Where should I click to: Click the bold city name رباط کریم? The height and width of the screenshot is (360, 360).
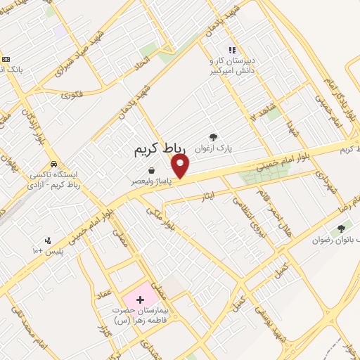tap(159, 150)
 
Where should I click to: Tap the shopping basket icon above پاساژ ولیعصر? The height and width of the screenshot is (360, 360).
tap(151, 170)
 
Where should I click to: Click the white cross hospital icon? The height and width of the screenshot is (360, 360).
tap(139, 300)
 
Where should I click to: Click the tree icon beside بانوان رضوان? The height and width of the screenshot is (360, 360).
tap(342, 229)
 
